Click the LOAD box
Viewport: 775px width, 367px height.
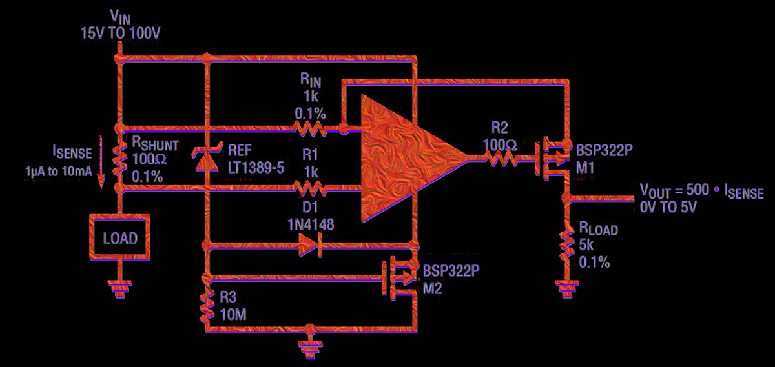click(x=120, y=238)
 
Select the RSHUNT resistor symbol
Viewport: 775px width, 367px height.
click(x=119, y=159)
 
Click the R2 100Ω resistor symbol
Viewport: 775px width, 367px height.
click(x=501, y=158)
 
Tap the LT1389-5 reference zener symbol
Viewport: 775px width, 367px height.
click(x=207, y=158)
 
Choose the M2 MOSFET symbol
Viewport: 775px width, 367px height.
click(x=400, y=277)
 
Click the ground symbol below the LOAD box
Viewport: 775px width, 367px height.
click(x=119, y=289)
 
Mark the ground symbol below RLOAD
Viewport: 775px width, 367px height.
click(x=567, y=288)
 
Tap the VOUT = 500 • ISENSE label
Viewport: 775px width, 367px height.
click(x=701, y=192)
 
